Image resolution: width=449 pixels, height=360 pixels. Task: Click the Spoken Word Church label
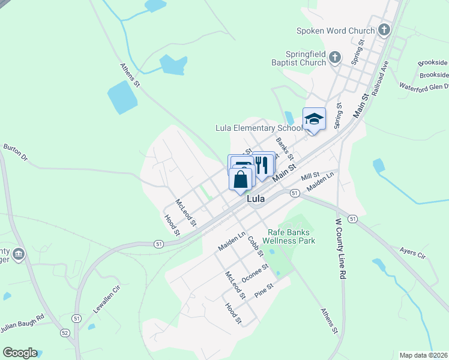336,31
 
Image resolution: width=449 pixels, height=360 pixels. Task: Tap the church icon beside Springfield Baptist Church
335,58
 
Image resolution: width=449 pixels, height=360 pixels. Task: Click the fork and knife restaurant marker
262,164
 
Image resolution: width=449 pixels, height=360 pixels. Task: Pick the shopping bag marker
240,179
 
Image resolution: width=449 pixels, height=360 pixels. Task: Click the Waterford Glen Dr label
424,86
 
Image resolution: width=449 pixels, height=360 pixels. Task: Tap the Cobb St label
256,245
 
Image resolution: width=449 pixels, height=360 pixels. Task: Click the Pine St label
264,290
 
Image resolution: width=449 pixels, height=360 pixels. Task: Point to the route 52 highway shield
64,332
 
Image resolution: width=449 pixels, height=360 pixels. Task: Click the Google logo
20,353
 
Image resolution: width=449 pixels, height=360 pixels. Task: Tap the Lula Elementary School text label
259,128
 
